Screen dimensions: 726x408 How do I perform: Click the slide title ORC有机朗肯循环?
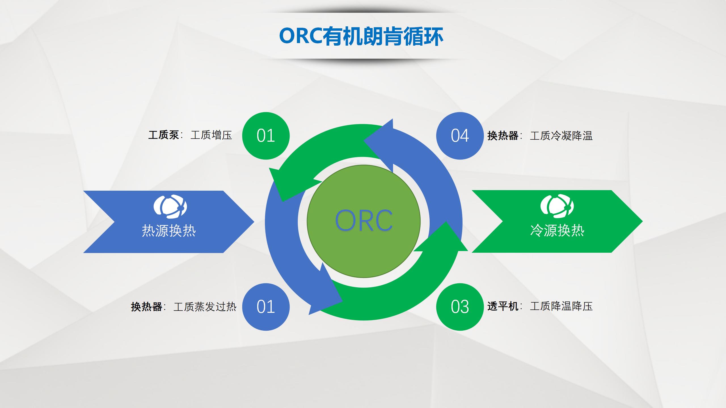point(361,36)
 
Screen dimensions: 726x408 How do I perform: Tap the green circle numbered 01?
point(266,136)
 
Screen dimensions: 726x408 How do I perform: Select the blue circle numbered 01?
point(266,307)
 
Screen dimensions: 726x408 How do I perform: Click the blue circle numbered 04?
point(460,136)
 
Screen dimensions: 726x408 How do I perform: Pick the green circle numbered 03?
point(460,307)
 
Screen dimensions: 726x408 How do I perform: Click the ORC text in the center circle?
point(364,221)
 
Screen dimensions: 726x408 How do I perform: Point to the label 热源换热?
point(169,231)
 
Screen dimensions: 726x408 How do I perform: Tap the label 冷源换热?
point(557,231)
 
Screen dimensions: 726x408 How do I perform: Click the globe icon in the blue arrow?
point(170,207)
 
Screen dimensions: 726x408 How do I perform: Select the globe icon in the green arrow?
point(557,207)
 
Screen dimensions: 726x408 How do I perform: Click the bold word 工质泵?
point(164,135)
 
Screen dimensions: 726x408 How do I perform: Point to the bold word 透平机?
point(503,306)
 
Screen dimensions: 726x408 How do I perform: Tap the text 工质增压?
point(211,135)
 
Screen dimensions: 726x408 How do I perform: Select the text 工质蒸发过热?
point(205,307)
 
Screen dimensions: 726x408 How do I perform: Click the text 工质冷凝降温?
point(561,136)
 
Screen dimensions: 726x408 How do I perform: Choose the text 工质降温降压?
point(561,306)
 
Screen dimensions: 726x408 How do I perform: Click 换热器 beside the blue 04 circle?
point(503,136)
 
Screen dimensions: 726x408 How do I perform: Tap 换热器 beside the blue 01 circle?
point(146,307)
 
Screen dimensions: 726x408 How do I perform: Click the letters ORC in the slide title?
point(301,36)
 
